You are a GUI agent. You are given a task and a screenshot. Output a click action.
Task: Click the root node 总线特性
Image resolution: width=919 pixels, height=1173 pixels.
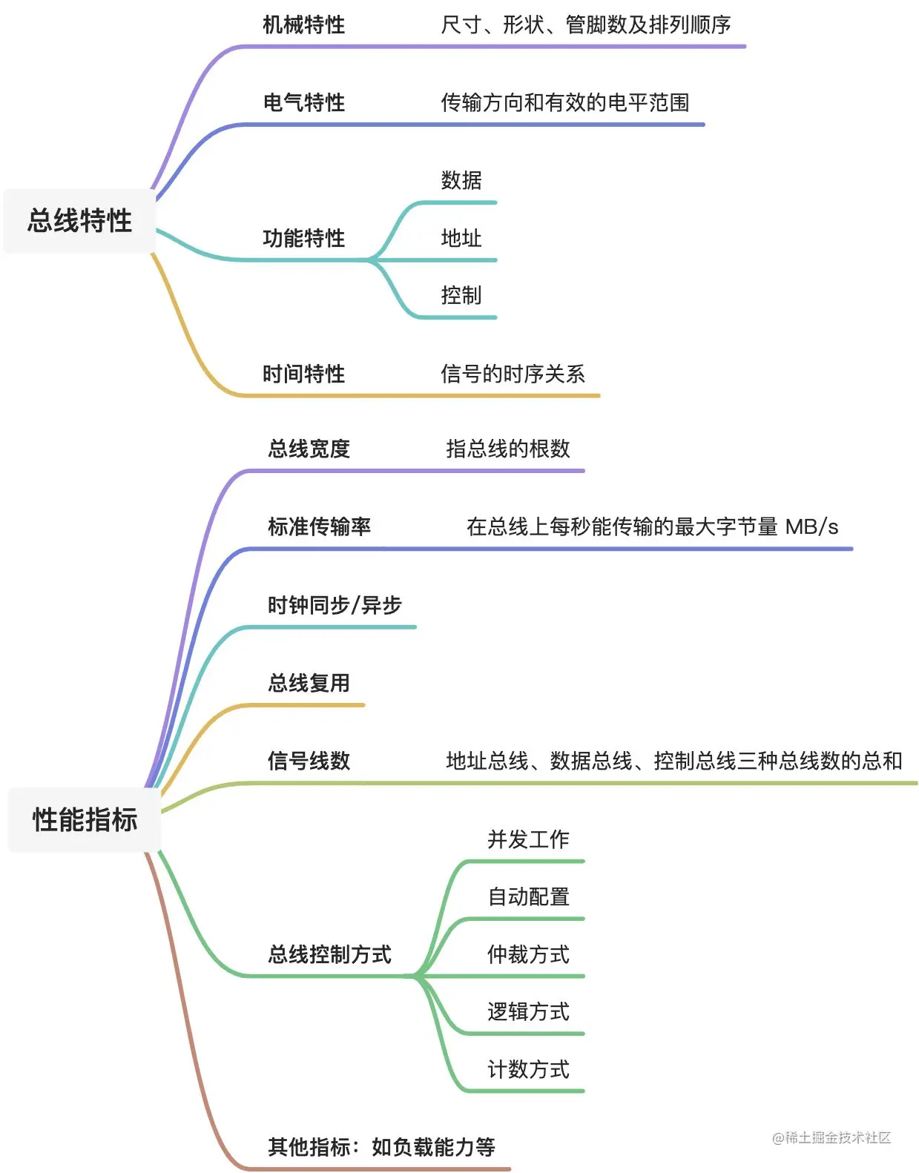[80, 221]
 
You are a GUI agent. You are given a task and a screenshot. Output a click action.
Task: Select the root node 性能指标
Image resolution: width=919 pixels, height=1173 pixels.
[85, 820]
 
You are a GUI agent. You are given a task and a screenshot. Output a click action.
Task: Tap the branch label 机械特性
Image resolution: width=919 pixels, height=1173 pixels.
[303, 25]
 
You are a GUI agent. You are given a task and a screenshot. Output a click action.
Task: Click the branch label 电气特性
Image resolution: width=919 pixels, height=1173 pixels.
[303, 102]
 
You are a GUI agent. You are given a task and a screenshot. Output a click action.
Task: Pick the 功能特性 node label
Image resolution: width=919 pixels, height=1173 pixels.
[303, 238]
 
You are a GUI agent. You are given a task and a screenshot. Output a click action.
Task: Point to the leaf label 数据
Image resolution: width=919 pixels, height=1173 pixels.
[461, 180]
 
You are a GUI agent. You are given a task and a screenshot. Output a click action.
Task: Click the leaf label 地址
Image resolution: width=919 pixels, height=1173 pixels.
[461, 238]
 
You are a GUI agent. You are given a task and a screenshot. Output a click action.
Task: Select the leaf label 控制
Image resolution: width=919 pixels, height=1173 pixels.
[461, 295]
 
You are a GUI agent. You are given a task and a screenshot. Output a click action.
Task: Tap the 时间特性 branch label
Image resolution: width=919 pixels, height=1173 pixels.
[303, 374]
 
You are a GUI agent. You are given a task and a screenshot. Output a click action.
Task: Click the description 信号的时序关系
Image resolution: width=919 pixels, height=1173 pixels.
[513, 374]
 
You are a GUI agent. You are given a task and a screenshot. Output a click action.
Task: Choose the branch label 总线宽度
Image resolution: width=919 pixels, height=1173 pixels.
[309, 449]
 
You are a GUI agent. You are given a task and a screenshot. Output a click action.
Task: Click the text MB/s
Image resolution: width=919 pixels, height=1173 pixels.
[811, 527]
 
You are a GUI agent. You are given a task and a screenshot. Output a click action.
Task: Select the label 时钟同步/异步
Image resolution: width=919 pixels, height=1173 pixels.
[335, 605]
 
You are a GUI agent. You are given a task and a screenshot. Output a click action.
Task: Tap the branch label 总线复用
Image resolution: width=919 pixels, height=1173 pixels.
[309, 683]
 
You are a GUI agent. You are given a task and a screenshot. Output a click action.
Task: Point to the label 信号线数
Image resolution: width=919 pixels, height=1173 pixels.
[309, 761]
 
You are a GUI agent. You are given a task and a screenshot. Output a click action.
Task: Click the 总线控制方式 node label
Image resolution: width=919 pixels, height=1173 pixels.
[329, 954]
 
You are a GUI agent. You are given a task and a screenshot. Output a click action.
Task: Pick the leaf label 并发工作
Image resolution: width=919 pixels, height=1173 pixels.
[528, 839]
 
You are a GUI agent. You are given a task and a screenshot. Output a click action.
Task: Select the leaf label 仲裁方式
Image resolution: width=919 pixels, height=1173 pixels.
[528, 954]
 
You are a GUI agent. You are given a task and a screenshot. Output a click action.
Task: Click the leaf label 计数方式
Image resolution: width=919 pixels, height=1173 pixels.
[528, 1069]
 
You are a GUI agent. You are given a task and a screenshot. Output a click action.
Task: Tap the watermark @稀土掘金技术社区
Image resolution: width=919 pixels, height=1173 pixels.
[831, 1137]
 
